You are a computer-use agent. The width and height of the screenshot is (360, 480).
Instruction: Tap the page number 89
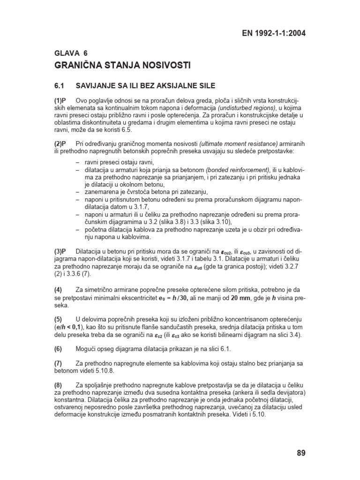301,453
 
